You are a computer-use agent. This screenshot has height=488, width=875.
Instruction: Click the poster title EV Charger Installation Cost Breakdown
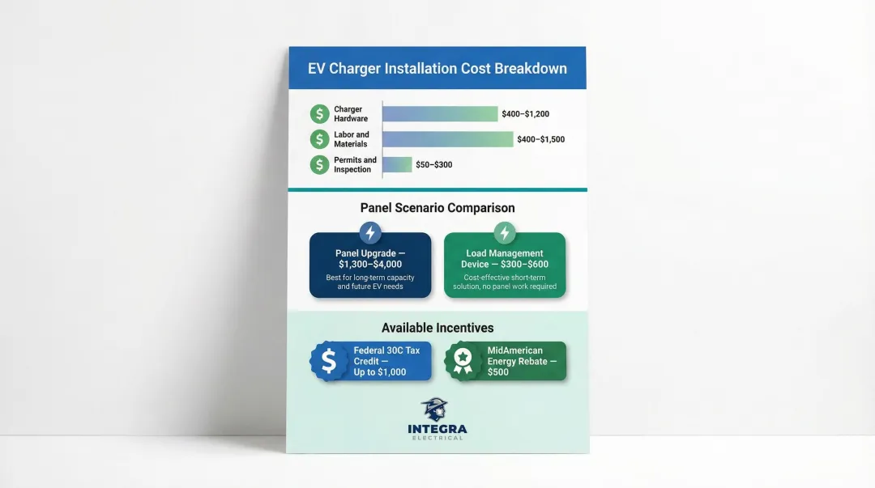click(437, 69)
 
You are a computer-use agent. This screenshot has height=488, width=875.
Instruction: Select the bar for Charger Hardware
click(440, 114)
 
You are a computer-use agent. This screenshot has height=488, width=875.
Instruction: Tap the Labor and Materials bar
click(447, 139)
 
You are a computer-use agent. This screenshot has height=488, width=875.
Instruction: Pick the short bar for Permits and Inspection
click(397, 164)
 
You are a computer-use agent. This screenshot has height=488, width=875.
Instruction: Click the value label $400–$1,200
click(525, 114)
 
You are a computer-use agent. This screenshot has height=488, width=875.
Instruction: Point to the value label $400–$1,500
click(540, 139)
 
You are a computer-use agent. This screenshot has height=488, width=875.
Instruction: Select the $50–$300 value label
click(433, 165)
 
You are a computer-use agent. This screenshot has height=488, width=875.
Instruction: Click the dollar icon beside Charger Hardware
click(319, 114)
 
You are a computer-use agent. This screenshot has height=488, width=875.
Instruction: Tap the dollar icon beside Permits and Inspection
click(319, 165)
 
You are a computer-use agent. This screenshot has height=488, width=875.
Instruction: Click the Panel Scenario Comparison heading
click(437, 208)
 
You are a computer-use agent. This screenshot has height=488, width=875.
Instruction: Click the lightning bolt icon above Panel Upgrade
click(370, 233)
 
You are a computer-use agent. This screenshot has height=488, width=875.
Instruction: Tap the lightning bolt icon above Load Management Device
click(504, 233)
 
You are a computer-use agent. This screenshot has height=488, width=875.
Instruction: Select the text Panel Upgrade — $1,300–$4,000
click(370, 259)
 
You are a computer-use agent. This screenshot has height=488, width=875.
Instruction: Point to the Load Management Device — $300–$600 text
click(505, 259)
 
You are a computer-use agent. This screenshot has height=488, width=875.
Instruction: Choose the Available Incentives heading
click(437, 328)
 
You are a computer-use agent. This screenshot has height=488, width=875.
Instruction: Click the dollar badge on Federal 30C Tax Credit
click(329, 361)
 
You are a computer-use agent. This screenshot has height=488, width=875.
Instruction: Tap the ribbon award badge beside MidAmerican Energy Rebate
click(463, 361)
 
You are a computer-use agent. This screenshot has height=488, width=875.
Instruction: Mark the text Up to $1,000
click(380, 372)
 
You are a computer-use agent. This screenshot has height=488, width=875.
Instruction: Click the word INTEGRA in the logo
click(437, 429)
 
